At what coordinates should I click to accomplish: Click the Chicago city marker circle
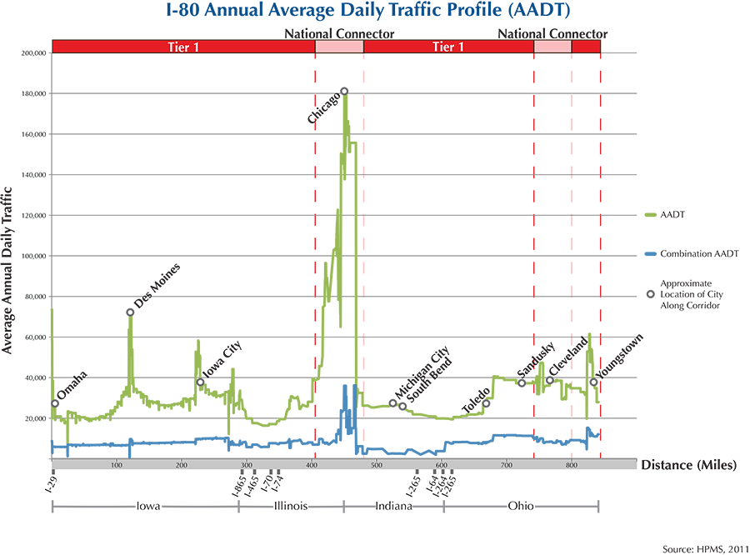pyautogui.click(x=344, y=91)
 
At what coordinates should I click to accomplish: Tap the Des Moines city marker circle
pyautogui.click(x=130, y=312)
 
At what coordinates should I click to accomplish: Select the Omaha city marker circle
pyautogui.click(x=55, y=403)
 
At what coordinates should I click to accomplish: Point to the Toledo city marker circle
pyautogui.click(x=487, y=403)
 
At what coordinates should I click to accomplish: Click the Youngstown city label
pyautogui.click(x=622, y=356)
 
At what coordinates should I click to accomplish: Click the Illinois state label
pyautogui.click(x=290, y=506)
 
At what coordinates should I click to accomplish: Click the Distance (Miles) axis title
pyautogui.click(x=688, y=464)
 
